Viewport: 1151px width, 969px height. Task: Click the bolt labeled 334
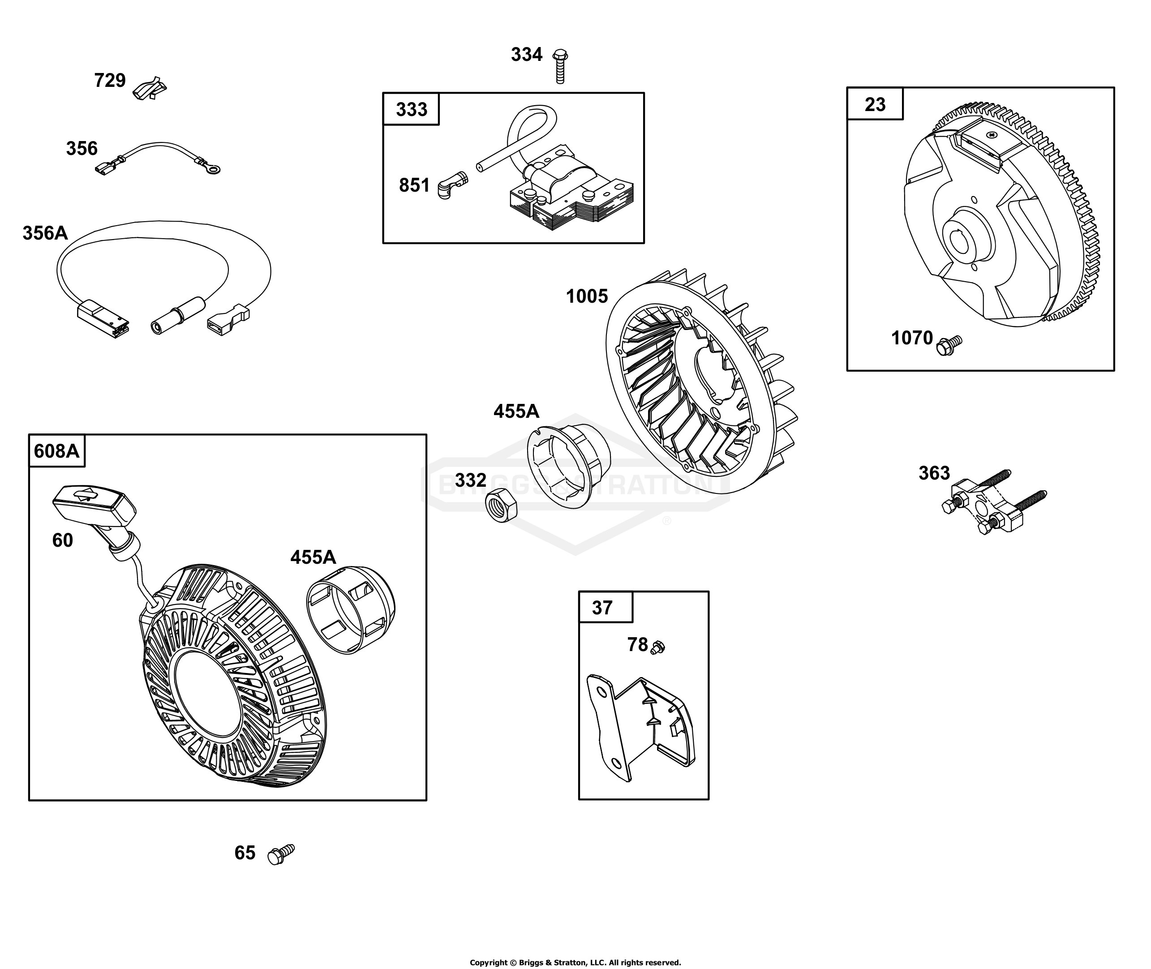560,66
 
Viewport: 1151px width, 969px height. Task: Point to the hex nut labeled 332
501,504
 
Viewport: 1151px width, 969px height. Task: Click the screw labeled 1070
949,345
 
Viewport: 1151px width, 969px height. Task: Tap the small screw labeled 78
657,647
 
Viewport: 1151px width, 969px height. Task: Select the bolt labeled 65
281,854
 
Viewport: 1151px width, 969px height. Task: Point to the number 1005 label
587,296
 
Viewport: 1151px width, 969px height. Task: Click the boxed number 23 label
875,104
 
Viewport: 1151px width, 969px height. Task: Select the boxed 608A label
56,451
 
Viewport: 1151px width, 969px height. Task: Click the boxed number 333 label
412,109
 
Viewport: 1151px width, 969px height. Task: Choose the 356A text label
45,233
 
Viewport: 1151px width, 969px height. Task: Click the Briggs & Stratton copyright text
575,962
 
